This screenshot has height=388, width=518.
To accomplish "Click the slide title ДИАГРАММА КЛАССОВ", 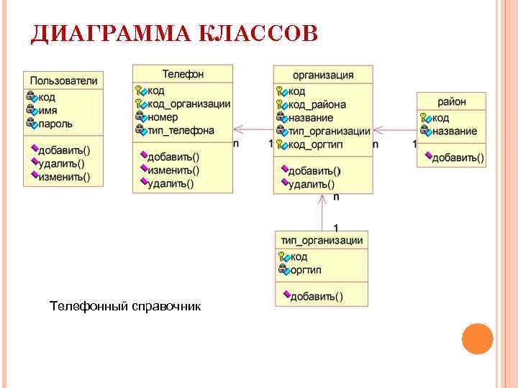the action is (173, 34).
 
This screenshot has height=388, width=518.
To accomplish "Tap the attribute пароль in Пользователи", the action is (55, 124).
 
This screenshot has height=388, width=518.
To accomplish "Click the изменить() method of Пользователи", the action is (64, 177).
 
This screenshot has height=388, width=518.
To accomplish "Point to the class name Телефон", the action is (183, 73).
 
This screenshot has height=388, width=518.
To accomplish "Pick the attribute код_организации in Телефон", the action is (189, 103).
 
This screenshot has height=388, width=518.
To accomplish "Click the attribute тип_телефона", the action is (181, 130).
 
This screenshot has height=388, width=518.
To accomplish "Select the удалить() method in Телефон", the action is (171, 183).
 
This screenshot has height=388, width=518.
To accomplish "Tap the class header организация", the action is (323, 74).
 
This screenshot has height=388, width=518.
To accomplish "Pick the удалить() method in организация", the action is (311, 185).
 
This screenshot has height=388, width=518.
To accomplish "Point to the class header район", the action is (452, 101).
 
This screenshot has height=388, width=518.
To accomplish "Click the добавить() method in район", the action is (458, 157).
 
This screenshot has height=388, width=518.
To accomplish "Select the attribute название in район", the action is (455, 131).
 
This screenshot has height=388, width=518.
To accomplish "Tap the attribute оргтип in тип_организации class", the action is (305, 270).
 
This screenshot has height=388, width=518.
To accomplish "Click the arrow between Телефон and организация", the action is (253, 131).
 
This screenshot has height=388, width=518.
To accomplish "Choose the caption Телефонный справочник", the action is (125, 307).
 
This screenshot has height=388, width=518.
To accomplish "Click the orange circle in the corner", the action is (476, 338).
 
